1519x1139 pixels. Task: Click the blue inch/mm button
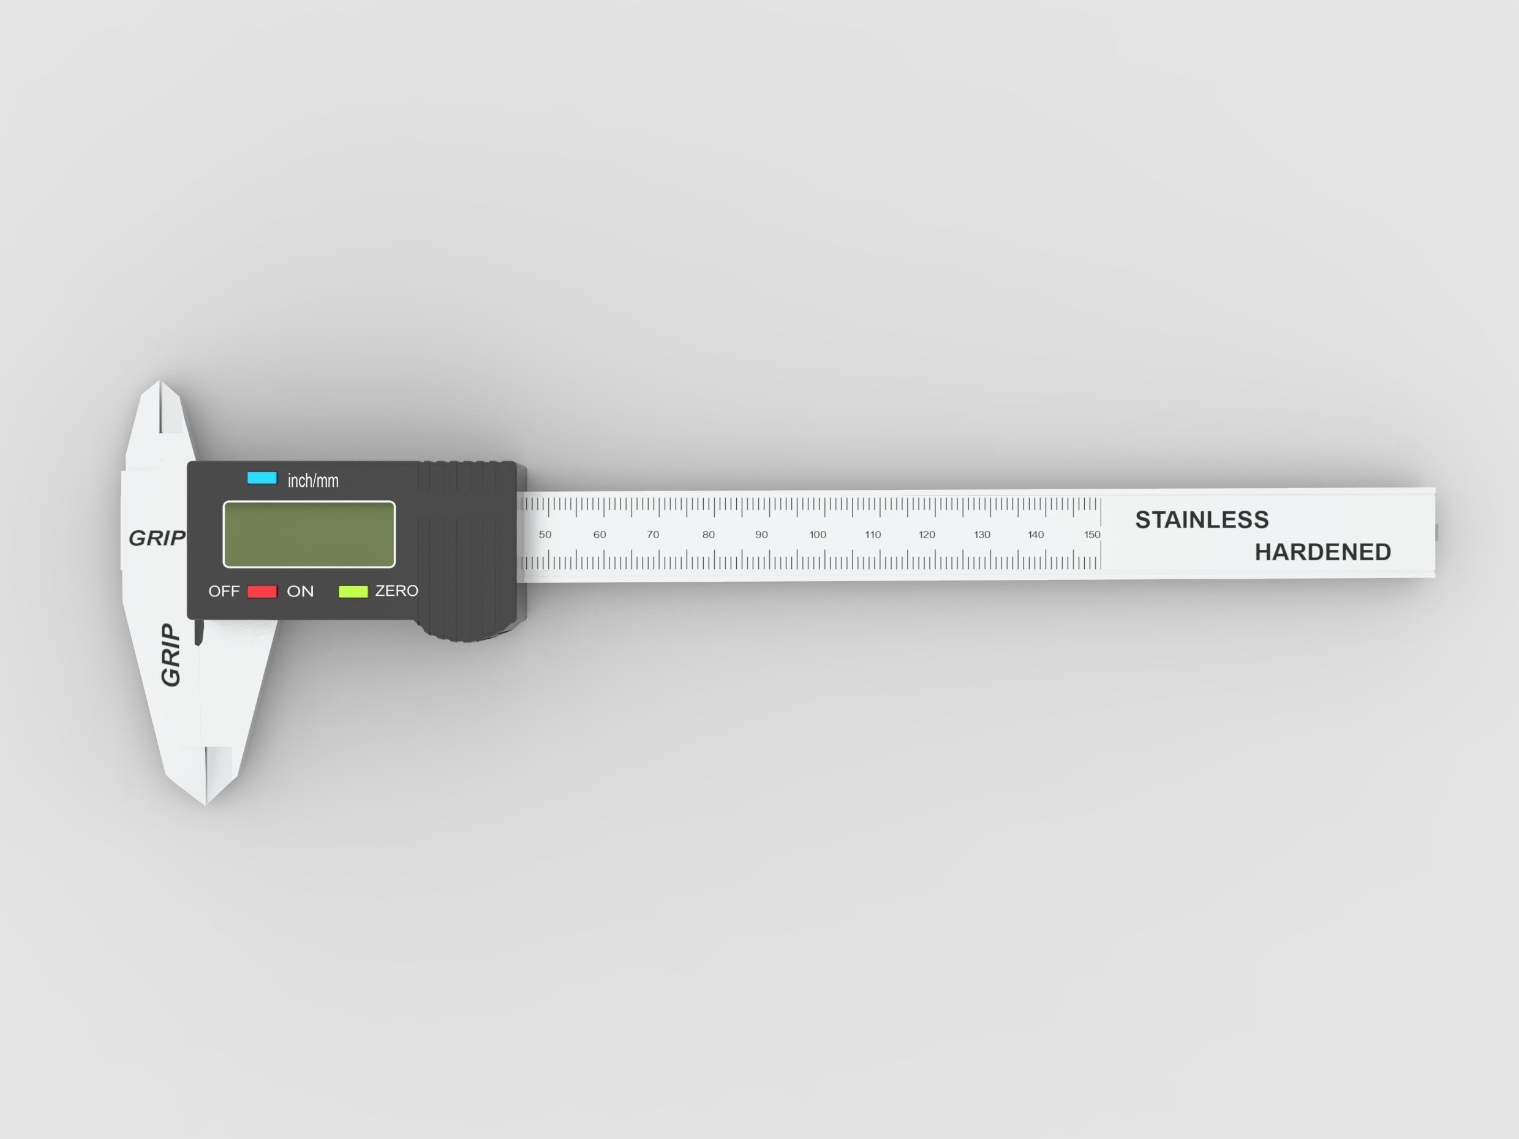tap(262, 478)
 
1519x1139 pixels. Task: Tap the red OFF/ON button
tap(262, 592)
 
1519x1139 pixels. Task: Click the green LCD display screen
tap(309, 534)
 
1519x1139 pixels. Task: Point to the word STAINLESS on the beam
tap(1201, 520)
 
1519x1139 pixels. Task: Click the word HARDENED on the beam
tap(1322, 552)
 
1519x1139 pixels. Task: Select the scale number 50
tap(545, 535)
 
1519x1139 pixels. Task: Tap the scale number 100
tap(817, 535)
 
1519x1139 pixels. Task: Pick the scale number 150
tap(1092, 535)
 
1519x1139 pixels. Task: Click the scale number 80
tap(708, 535)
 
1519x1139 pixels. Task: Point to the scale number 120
tap(926, 535)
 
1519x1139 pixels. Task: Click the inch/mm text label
tap(312, 481)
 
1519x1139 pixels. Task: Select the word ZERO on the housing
tap(396, 591)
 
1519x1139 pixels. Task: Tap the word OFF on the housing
tap(224, 592)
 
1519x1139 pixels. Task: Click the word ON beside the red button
tap(300, 592)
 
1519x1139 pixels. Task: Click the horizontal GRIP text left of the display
tap(157, 538)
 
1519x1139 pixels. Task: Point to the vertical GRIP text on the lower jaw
tap(170, 655)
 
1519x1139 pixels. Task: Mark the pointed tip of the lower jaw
tap(206, 803)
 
